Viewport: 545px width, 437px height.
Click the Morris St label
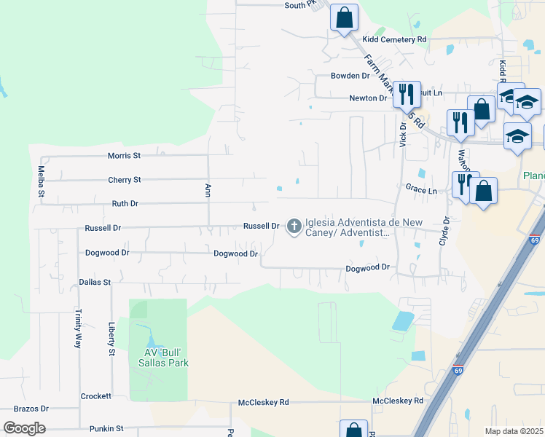tap(123, 155)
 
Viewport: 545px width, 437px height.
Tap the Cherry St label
tap(124, 179)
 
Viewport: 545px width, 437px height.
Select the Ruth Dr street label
tap(125, 204)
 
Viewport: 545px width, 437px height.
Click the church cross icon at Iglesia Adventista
tap(294, 226)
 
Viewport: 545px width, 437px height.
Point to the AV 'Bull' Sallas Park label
tap(158, 358)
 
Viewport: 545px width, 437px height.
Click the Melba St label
tap(42, 182)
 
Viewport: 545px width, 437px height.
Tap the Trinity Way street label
tap(77, 328)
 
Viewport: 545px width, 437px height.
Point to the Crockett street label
tap(95, 396)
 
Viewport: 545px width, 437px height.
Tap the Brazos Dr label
tap(34, 409)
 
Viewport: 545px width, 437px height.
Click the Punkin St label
tap(106, 429)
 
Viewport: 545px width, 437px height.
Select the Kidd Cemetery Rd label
tap(394, 39)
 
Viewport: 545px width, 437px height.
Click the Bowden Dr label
tap(350, 76)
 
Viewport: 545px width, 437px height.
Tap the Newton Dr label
tap(368, 98)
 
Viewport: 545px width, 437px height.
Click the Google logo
tap(24, 428)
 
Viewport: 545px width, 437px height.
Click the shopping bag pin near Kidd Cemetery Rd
tap(345, 17)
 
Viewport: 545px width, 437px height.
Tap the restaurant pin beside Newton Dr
tap(407, 93)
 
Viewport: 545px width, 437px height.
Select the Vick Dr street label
tap(402, 133)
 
